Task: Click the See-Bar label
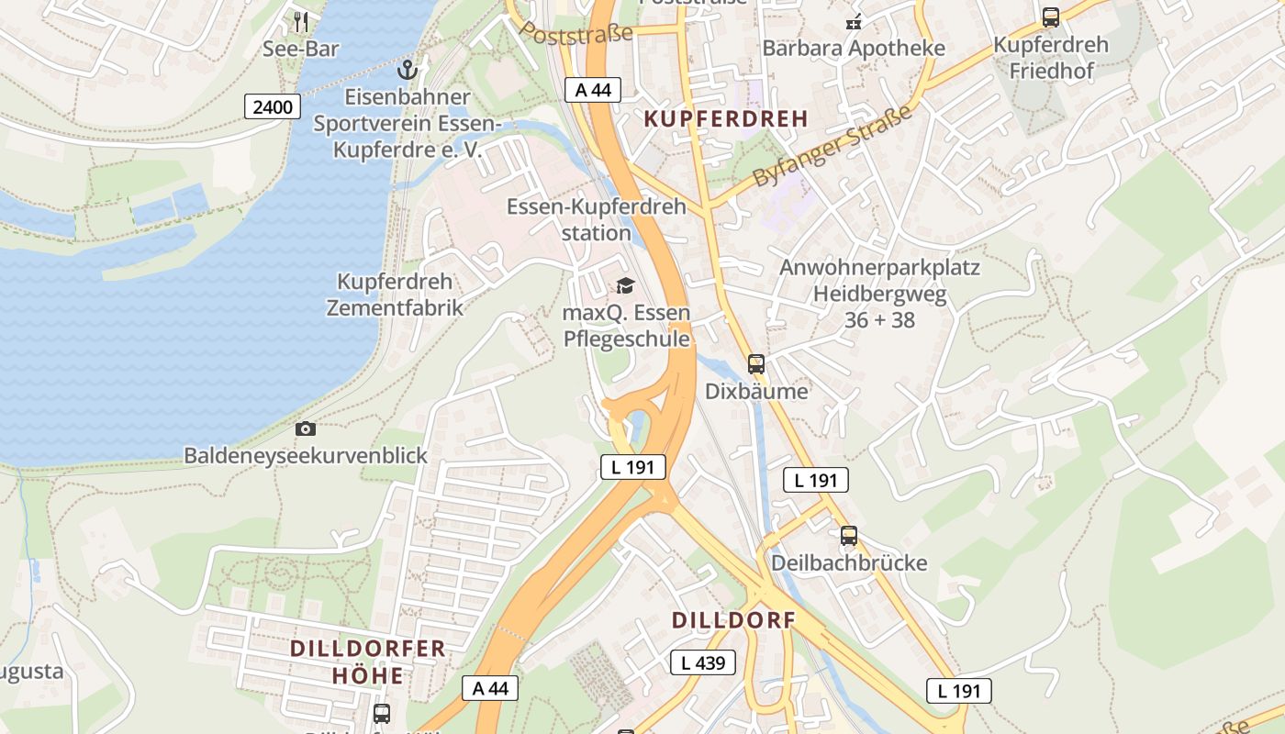[301, 49]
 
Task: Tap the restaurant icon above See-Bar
[301, 20]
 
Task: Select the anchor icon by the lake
[407, 70]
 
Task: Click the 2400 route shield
[273, 107]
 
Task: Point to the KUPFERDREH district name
[726, 118]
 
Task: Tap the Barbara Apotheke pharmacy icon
[854, 23]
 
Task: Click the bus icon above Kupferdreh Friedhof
[1051, 17]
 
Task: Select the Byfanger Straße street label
[833, 146]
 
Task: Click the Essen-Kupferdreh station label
[596, 219]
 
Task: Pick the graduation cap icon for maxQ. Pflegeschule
[625, 286]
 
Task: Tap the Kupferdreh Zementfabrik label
[395, 295]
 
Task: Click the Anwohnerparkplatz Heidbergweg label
[879, 294]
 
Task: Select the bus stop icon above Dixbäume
[756, 363]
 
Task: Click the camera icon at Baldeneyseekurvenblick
[306, 428]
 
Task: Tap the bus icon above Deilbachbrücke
[849, 536]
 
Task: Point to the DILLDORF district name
[733, 620]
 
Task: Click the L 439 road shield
[703, 662]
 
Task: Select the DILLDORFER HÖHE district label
[368, 662]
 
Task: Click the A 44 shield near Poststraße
[592, 89]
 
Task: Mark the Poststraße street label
[576, 35]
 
